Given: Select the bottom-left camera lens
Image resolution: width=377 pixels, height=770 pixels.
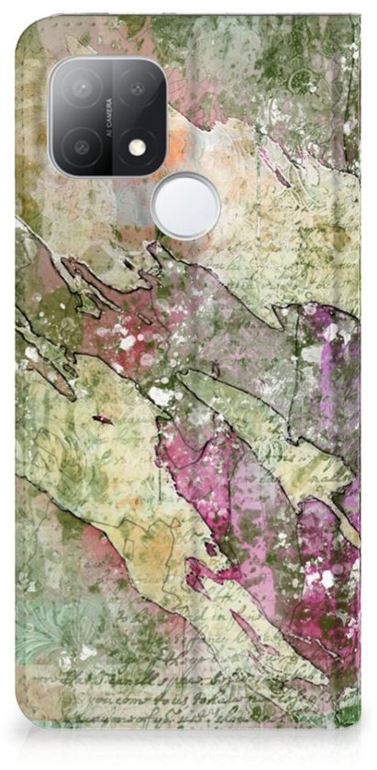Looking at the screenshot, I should click(x=81, y=145).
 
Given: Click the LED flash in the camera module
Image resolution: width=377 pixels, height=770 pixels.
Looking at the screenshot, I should click(x=137, y=146).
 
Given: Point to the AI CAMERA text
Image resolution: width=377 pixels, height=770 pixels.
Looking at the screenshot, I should click(x=109, y=117).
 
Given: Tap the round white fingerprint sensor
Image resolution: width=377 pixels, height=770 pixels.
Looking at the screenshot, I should click(x=185, y=205).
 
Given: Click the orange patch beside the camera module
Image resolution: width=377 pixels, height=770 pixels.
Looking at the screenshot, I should click(x=184, y=141).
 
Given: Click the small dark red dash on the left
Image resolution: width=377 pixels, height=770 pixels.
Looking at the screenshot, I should click(x=103, y=419).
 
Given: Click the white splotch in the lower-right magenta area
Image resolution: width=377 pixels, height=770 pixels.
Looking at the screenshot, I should click(x=327, y=579).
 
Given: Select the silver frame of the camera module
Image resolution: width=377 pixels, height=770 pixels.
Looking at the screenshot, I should click(x=52, y=117).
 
